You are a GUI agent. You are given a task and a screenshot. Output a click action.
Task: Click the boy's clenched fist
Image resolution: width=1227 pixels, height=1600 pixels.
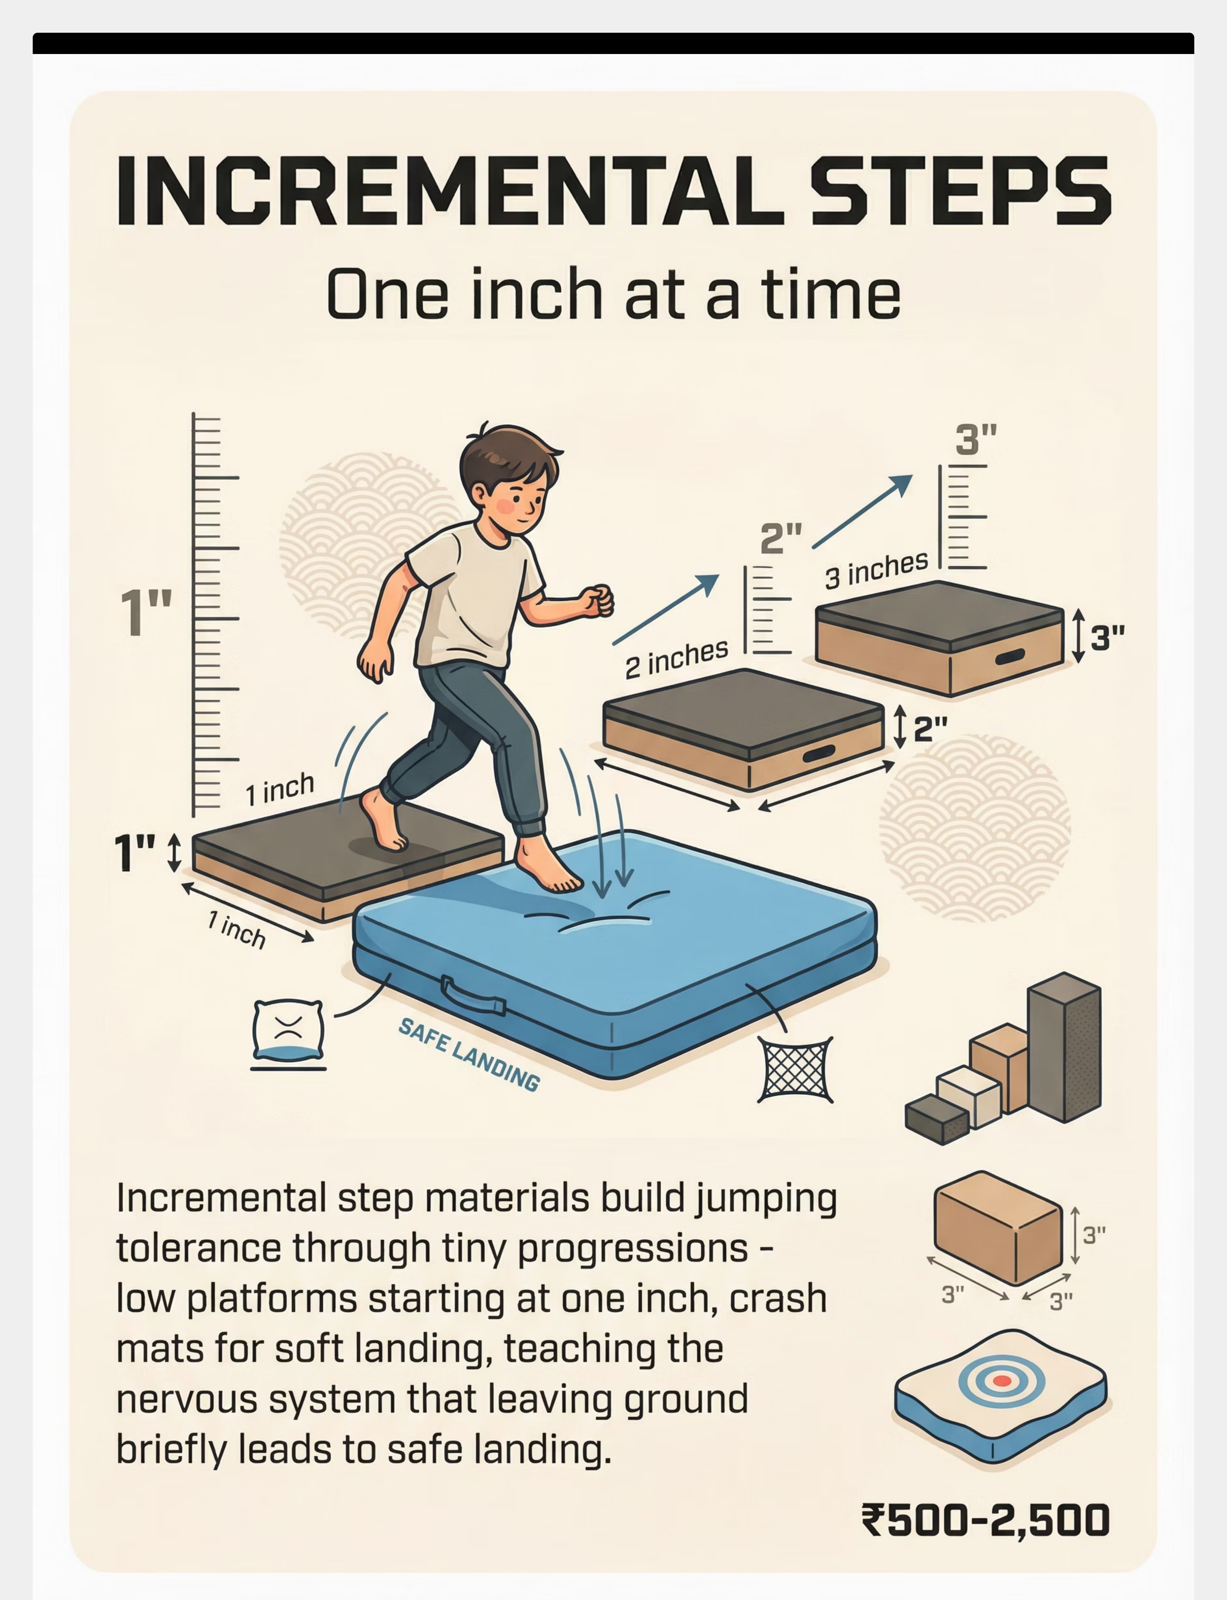[x=597, y=601]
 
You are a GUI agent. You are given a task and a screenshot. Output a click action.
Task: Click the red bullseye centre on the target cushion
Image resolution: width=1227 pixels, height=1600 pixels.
[x=1002, y=1381]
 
